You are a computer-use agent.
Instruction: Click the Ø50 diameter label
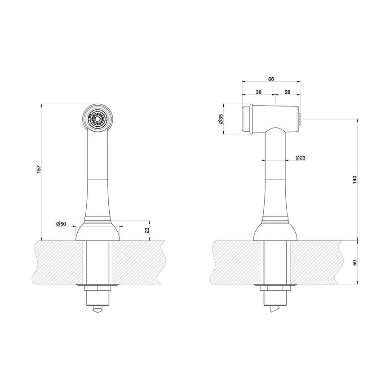tap(61, 224)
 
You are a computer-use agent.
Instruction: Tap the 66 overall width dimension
tap(271, 79)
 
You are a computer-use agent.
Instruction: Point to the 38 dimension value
tap(258, 92)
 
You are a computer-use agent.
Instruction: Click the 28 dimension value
tap(288, 92)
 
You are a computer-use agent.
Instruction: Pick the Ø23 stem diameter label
tap(301, 158)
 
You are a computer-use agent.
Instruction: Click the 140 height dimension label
tap(355, 179)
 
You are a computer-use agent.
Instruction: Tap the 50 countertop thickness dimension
tap(355, 262)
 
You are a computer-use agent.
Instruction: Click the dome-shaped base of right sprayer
tap(275, 231)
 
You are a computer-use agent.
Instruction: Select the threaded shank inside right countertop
tap(275, 262)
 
